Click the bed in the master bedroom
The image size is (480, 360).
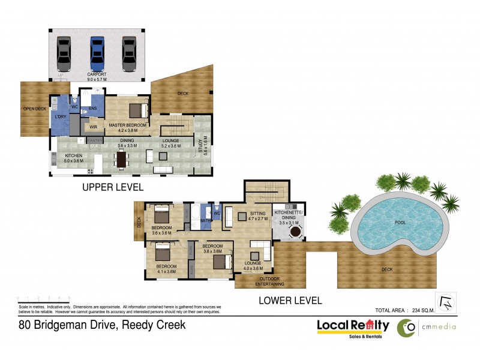pyautogui.click(x=137, y=110)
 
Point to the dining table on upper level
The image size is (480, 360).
pyautogui.click(x=122, y=159)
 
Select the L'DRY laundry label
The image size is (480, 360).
pyautogui.click(x=60, y=116)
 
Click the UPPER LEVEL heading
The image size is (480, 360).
pyautogui.click(x=113, y=188)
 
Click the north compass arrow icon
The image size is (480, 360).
pyautogui.click(x=446, y=301)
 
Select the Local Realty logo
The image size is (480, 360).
pyautogui.click(x=353, y=327)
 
